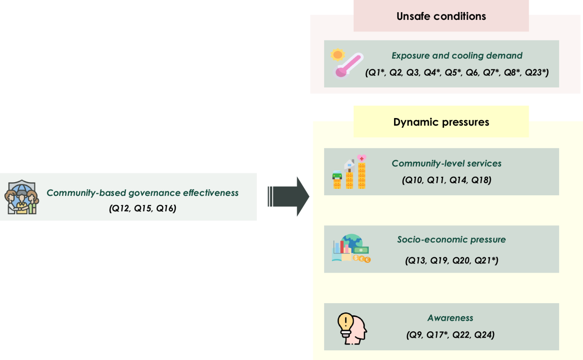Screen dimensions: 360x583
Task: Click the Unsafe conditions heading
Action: (x=441, y=16)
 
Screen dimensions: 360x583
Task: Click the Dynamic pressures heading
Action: (x=441, y=122)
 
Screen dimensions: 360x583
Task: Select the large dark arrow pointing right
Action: (x=289, y=196)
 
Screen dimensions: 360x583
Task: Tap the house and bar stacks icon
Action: (x=349, y=172)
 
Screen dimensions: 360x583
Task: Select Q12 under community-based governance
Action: (x=120, y=208)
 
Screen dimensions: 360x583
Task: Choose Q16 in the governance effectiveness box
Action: (x=166, y=208)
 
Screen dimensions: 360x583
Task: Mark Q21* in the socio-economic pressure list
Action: (x=487, y=261)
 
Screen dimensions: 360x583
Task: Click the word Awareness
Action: (x=450, y=318)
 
